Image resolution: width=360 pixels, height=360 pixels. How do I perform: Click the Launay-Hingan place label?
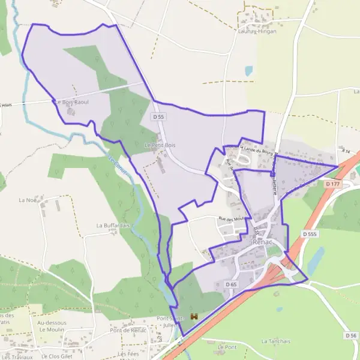[x=257, y=31]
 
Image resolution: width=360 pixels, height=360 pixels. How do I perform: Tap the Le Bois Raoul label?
[x=72, y=103]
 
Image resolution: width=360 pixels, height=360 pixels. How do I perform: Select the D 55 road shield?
[x=158, y=118]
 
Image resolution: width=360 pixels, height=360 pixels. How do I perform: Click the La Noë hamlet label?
[x=28, y=200]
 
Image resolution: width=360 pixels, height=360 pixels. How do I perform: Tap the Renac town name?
[x=263, y=242]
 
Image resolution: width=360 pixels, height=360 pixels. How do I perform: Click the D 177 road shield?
[x=332, y=184]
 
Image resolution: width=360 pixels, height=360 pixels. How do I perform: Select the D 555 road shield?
[x=310, y=234]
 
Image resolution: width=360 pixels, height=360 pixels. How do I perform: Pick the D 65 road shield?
[x=232, y=283]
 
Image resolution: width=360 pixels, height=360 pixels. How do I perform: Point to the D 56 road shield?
[x=351, y=335]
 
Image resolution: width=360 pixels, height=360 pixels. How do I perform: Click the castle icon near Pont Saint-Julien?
[x=194, y=316]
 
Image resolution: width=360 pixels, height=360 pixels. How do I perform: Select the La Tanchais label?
[x=275, y=341]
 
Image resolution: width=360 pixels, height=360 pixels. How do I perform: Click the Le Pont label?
[x=227, y=347]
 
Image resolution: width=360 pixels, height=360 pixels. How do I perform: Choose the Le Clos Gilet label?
[x=56, y=356]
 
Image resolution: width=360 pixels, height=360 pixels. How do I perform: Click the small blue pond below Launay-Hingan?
[x=248, y=71]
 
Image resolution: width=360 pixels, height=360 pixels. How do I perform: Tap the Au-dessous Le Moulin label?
[x=52, y=326]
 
